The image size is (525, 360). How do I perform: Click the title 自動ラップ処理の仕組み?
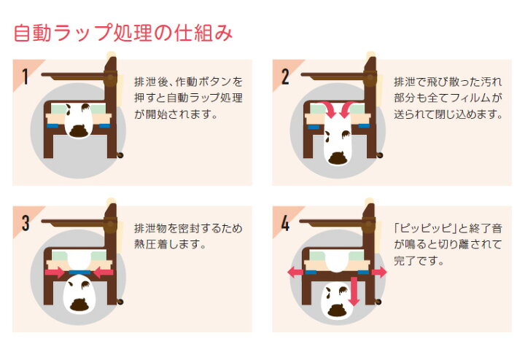click(123, 33)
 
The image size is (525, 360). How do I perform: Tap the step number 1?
click(25, 77)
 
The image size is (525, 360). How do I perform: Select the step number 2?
click(285, 77)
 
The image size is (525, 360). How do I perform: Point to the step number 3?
click(26, 223)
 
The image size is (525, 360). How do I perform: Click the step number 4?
click(285, 223)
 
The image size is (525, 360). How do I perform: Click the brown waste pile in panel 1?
click(79, 130)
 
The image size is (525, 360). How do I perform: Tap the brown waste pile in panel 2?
click(338, 157)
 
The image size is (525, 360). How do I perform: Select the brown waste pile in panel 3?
click(79, 304)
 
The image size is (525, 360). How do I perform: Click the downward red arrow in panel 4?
click(354, 291)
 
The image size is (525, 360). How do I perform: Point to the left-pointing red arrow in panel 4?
click(296, 272)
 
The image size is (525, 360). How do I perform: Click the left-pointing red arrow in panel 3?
click(104, 272)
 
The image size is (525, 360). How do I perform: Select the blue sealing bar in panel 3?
click(79, 273)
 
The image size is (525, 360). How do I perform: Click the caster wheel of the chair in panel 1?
click(120, 155)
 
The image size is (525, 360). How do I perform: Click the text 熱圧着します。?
click(170, 244)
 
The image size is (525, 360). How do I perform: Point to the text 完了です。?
click(419, 260)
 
